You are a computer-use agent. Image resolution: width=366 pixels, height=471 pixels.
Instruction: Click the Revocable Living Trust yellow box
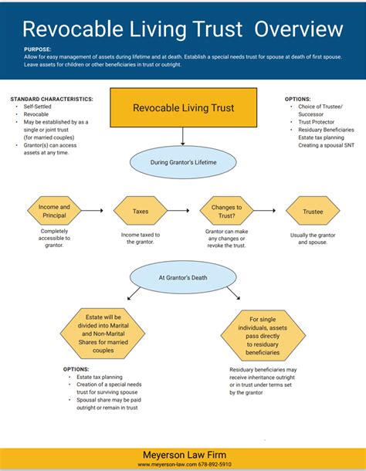point(183,108)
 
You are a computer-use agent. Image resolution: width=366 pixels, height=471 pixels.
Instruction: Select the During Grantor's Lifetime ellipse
point(183,164)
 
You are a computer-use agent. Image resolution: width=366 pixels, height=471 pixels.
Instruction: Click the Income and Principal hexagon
point(54,211)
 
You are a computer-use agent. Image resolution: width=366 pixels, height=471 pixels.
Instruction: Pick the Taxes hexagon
point(141,210)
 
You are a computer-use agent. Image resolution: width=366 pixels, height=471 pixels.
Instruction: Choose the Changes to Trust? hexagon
point(226,211)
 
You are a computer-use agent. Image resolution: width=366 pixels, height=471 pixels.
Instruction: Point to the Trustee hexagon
point(313,210)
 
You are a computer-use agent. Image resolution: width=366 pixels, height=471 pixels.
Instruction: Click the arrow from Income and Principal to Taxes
point(92,210)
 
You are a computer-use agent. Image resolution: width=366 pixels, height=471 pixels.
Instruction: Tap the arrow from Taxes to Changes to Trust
point(181,210)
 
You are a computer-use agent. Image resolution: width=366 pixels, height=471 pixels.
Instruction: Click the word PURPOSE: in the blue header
point(37,49)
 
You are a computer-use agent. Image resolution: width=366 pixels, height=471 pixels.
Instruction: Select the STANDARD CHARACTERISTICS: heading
point(52,100)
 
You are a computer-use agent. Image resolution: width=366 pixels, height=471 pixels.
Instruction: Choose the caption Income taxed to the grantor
point(141,238)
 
